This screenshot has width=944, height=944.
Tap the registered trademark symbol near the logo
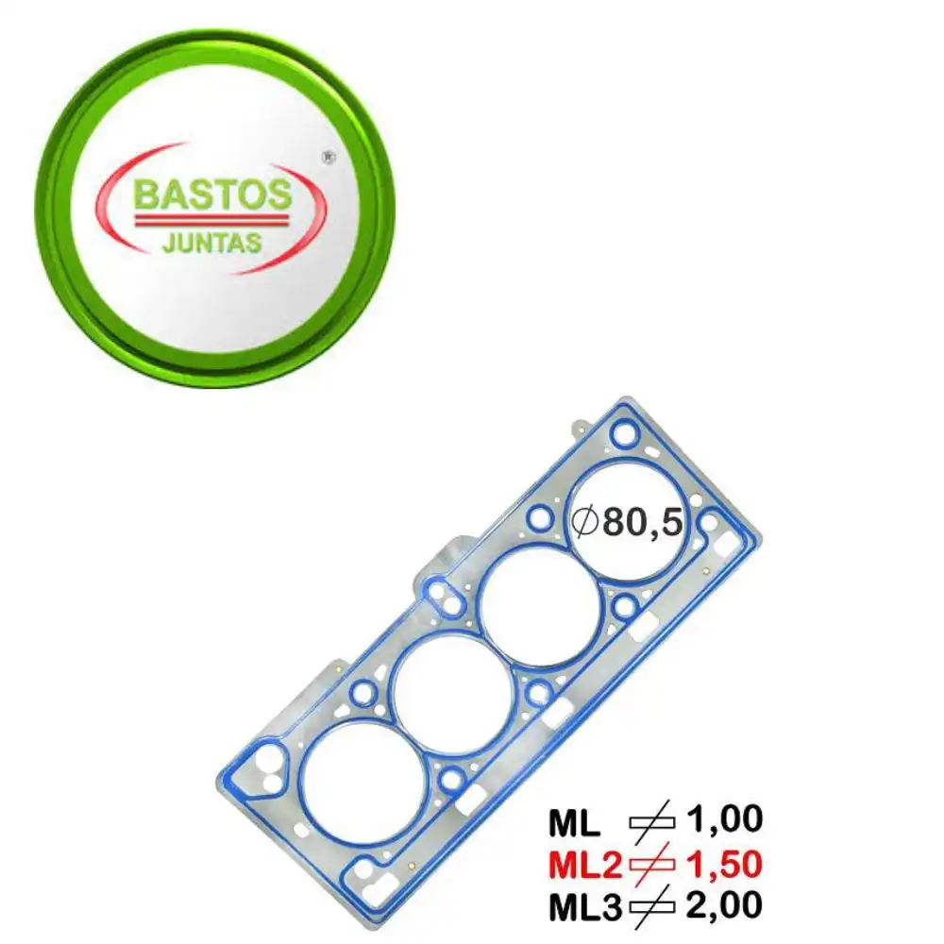point(328,159)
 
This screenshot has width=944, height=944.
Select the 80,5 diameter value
point(642,522)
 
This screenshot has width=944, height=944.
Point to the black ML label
point(574,824)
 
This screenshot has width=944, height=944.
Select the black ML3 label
point(585,907)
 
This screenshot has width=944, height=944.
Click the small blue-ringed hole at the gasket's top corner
point(623,434)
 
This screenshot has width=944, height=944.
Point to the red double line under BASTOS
point(211,218)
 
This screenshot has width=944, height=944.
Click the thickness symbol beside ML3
point(652,907)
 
